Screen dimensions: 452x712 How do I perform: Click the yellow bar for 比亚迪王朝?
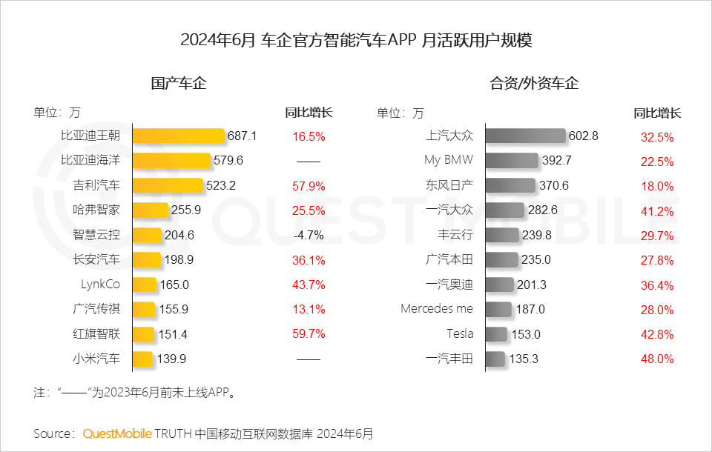[179, 136]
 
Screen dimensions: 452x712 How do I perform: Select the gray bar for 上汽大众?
[525, 136]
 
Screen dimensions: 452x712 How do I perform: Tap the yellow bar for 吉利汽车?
[168, 185]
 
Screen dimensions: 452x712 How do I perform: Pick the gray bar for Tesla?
[496, 334]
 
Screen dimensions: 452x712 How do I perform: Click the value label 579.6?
[228, 161]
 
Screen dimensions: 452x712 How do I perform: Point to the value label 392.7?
[557, 161]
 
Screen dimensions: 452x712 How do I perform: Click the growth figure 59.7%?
[309, 334]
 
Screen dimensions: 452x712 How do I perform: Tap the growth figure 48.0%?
[657, 359]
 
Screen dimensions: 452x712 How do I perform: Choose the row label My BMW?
[448, 160]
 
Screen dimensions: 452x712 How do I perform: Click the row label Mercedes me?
[437, 309]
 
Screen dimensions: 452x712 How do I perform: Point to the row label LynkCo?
[100, 285]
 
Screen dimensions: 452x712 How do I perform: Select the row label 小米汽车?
[96, 359]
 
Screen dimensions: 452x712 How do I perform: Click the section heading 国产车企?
[179, 83]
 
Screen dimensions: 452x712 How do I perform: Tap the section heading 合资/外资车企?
[534, 83]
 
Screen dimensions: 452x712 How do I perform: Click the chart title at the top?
[356, 40]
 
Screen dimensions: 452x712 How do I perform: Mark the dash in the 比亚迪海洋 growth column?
[309, 161]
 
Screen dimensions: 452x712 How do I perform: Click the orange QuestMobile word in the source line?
[117, 433]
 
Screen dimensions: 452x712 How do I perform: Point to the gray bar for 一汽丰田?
[495, 359]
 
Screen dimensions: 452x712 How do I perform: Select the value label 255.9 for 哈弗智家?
[186, 210]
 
